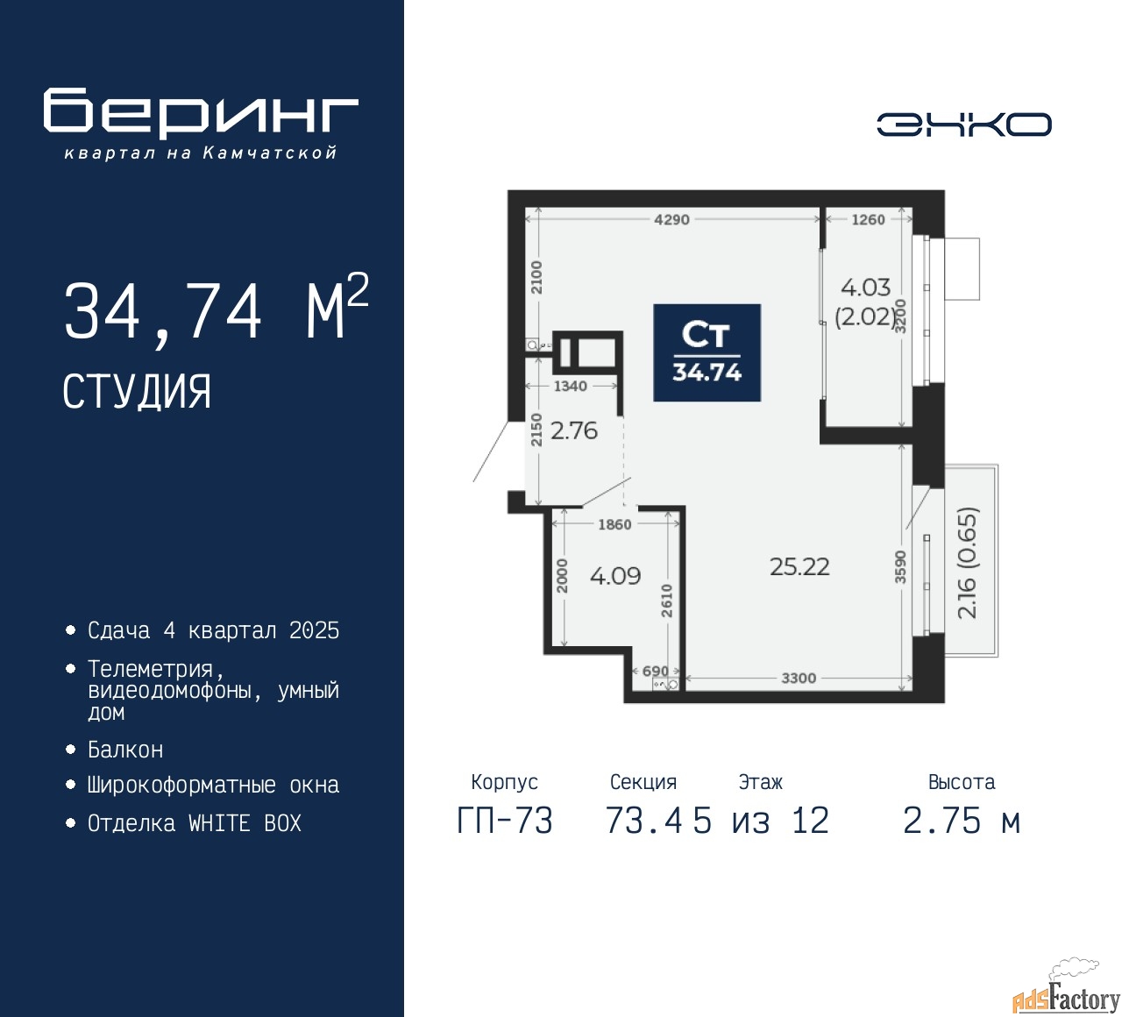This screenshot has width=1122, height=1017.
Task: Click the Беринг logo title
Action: click(x=201, y=114)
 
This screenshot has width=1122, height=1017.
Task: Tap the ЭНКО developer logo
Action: click(x=963, y=124)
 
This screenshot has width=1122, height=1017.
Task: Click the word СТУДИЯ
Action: click(x=137, y=392)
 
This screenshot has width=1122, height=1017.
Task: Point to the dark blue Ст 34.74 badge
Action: click(x=707, y=352)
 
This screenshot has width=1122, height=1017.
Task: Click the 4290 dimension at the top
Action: click(x=671, y=219)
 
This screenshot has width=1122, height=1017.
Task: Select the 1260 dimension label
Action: click(x=868, y=219)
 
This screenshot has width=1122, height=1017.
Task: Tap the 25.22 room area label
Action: click(x=799, y=566)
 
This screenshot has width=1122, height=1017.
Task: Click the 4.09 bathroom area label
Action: click(x=615, y=576)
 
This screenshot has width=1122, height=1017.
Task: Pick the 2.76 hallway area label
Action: click(x=574, y=430)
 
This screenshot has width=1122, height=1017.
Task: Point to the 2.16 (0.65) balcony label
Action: click(x=966, y=563)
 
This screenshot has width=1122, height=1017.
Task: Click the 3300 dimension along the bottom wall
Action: click(x=799, y=678)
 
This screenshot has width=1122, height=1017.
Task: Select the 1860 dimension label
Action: click(x=614, y=524)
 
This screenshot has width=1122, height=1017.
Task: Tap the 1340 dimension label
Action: click(x=570, y=386)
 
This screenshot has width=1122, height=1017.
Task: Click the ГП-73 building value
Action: click(x=505, y=821)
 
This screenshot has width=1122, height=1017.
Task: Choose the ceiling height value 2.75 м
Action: click(x=962, y=821)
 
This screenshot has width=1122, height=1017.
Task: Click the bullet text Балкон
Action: click(x=125, y=750)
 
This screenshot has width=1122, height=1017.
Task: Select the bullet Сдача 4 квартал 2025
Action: click(x=213, y=630)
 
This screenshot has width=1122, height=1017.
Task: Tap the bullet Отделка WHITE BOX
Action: click(x=195, y=823)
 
